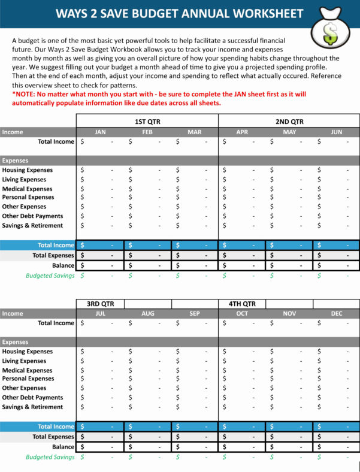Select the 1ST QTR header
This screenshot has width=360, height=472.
click(147, 122)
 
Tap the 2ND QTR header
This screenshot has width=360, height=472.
click(289, 122)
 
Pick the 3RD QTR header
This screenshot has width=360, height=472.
click(100, 304)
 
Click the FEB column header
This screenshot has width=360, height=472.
click(147, 132)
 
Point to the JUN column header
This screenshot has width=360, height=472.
click(336, 132)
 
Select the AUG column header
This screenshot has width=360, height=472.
click(147, 313)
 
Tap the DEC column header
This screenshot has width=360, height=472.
click(336, 313)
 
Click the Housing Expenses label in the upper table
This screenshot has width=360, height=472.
click(27, 170)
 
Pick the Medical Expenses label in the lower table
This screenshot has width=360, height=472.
click(27, 370)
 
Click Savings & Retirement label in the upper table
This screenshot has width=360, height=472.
click(32, 226)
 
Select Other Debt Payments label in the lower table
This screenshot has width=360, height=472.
click(32, 398)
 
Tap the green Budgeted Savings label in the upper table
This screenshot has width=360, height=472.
click(50, 276)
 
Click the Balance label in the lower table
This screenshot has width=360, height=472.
click(63, 447)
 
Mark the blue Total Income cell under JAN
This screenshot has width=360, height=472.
click(99, 245)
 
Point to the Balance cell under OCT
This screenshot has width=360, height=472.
click(242, 447)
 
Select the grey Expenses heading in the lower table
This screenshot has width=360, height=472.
click(16, 342)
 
